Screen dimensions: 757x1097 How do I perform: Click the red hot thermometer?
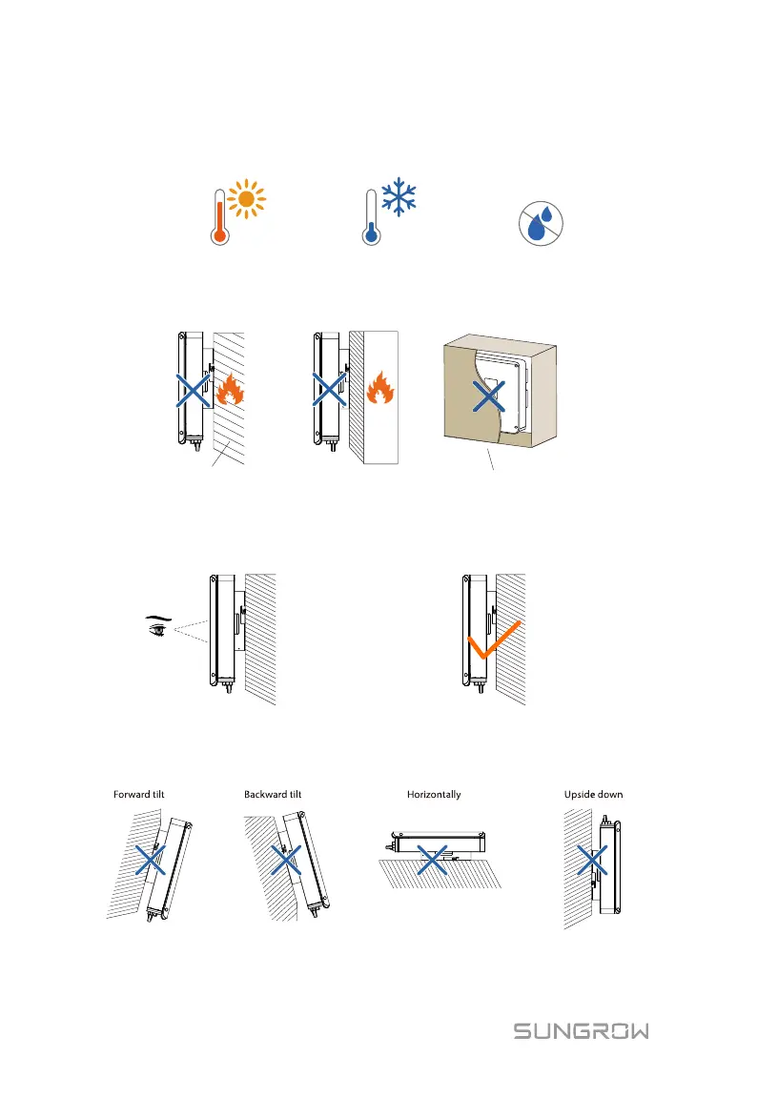click(x=219, y=217)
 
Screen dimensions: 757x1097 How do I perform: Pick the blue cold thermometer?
click(x=368, y=217)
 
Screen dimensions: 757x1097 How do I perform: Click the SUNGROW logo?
click(x=582, y=1031)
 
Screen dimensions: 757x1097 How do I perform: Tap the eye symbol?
click(x=153, y=627)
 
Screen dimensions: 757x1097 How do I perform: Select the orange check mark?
click(x=495, y=646)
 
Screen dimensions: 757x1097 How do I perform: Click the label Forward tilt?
click(x=139, y=794)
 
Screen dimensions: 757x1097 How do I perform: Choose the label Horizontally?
click(x=434, y=794)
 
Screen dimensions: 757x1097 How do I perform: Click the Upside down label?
click(x=593, y=794)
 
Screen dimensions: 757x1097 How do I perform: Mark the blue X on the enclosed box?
click(x=487, y=396)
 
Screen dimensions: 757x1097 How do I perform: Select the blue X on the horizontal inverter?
click(x=433, y=862)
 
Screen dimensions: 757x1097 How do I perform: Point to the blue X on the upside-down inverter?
click(x=592, y=862)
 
